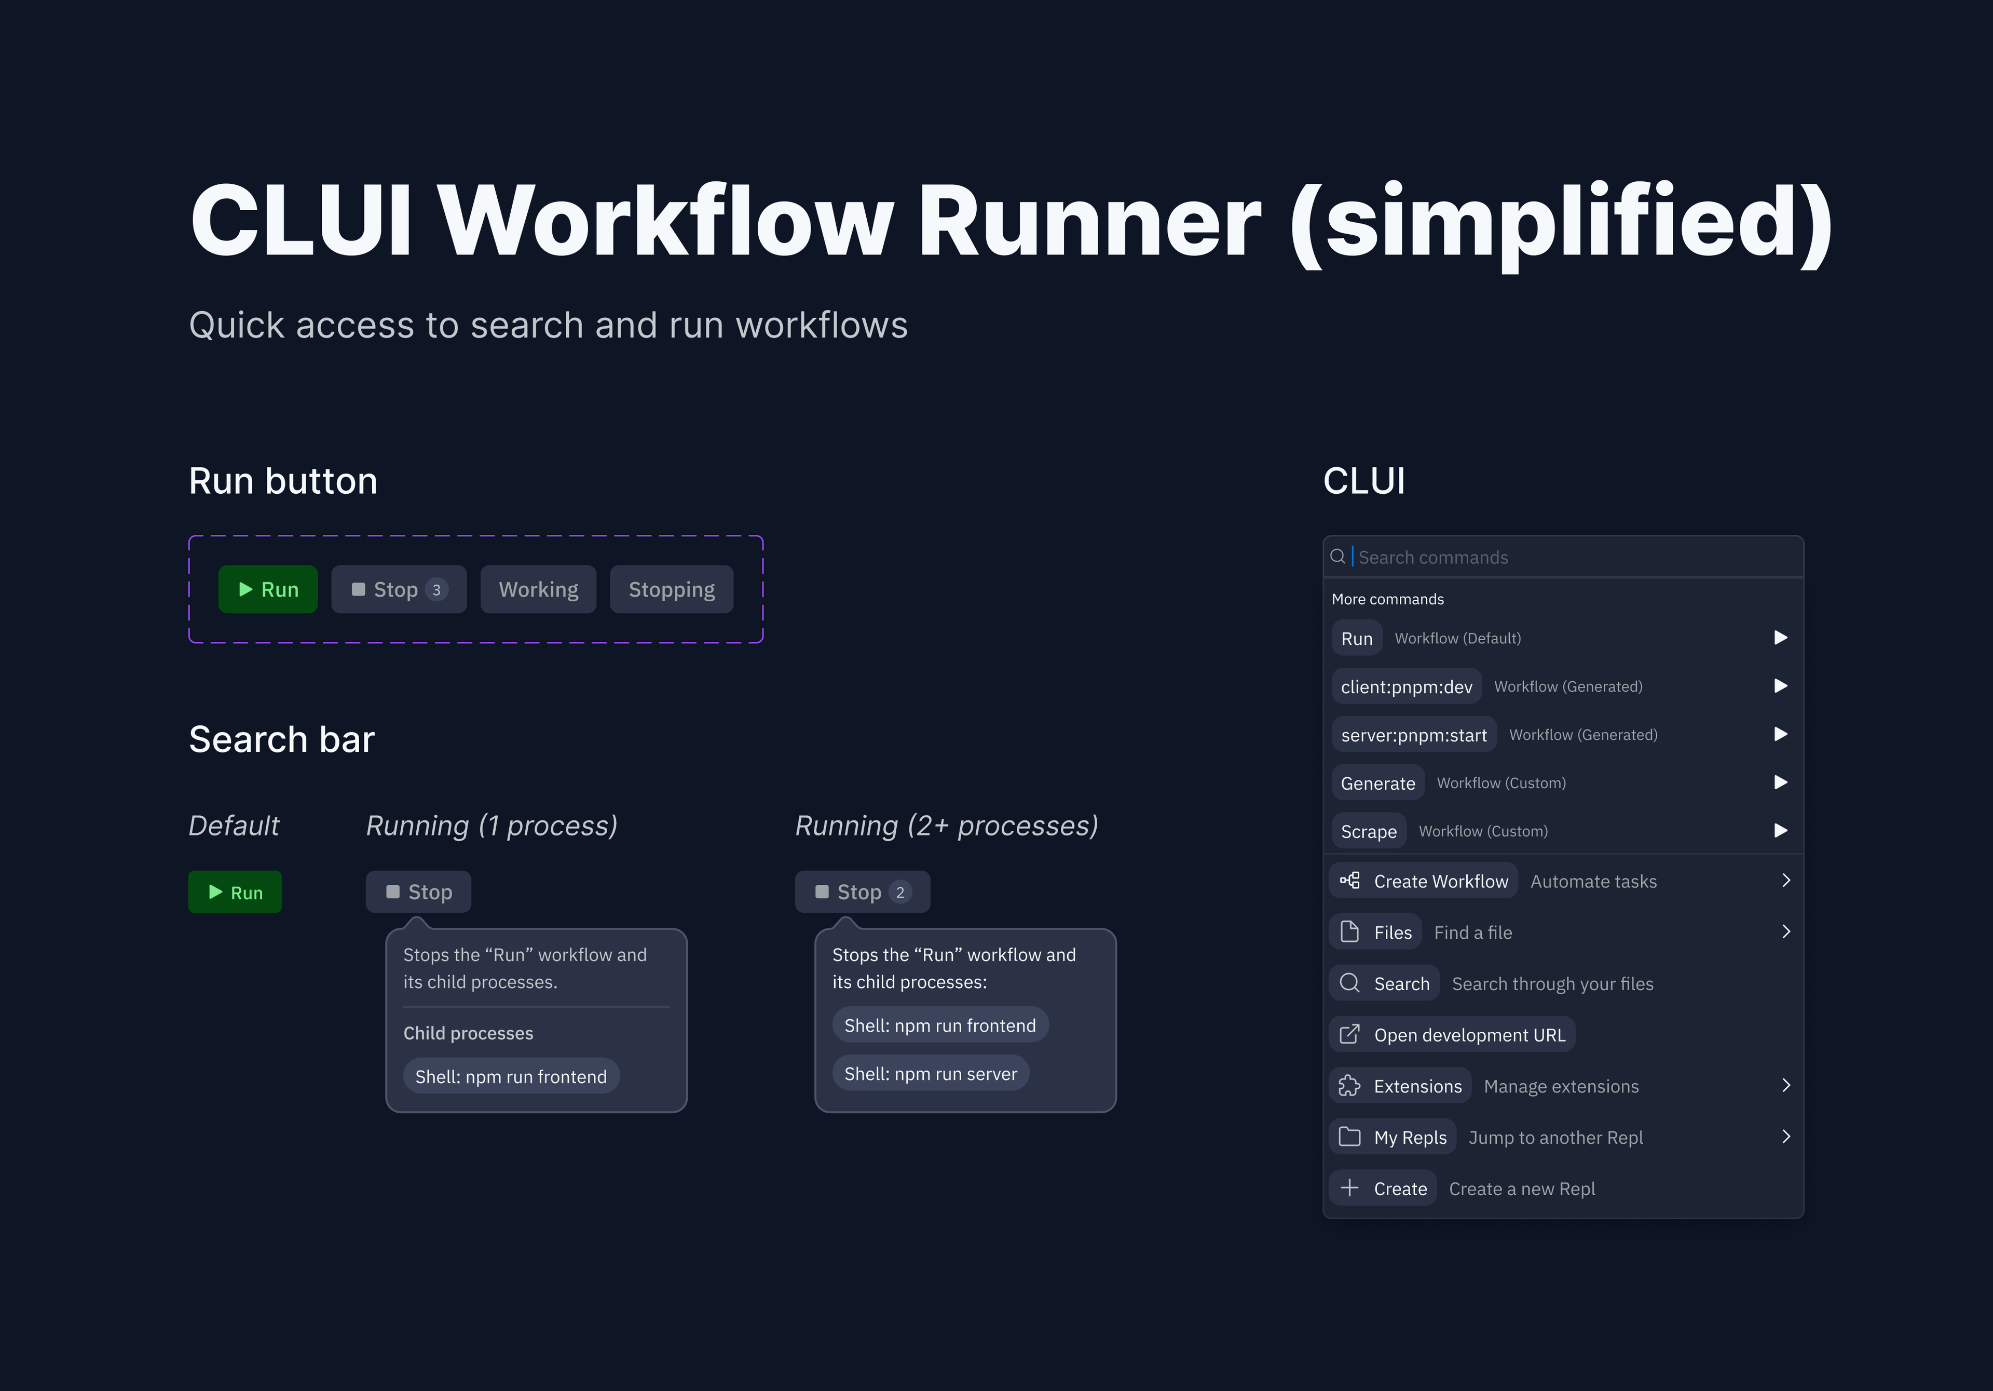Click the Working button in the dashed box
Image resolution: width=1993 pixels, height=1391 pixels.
click(x=538, y=589)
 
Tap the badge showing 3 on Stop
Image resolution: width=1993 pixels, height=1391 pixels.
click(x=436, y=589)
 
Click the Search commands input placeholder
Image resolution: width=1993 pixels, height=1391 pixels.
click(x=1433, y=558)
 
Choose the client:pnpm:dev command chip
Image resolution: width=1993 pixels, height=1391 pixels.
click(x=1406, y=687)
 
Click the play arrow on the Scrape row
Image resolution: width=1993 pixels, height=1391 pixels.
click(x=1780, y=831)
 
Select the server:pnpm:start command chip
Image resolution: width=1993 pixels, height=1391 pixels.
click(x=1413, y=735)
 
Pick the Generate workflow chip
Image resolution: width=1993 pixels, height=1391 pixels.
click(x=1377, y=783)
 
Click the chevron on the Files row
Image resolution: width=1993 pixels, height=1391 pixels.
click(x=1785, y=931)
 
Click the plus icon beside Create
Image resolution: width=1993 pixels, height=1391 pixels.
click(x=1350, y=1188)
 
